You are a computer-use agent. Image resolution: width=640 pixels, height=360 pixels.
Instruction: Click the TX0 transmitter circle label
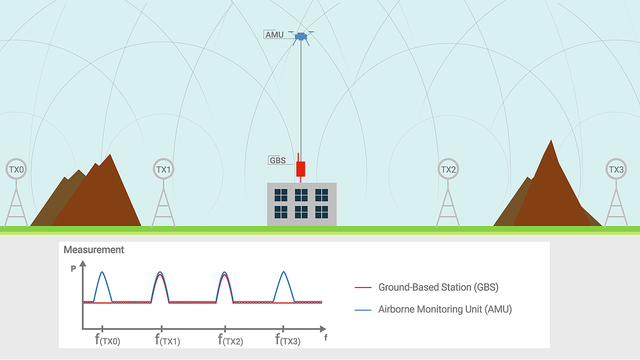17,169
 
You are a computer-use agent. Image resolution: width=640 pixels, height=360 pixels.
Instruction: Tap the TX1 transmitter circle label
163,169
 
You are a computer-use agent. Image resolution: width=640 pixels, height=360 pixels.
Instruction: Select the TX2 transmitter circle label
448,169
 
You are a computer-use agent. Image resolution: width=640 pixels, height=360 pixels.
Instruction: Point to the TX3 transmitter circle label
616,169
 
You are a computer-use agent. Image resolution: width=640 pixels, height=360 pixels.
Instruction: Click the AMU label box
274,35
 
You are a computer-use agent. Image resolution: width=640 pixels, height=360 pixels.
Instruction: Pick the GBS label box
277,161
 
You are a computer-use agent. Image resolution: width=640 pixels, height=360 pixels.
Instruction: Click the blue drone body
301,37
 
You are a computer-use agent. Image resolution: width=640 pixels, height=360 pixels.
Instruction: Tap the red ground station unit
301,169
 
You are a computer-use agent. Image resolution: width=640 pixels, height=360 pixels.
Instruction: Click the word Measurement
94,250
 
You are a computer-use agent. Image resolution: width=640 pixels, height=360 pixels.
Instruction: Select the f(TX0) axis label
107,340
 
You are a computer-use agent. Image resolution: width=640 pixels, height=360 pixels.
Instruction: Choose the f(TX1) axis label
167,340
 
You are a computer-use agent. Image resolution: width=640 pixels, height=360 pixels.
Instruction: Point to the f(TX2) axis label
230,340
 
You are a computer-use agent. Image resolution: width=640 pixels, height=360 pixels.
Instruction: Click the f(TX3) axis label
287,340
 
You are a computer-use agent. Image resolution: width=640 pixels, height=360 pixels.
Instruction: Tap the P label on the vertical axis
74,269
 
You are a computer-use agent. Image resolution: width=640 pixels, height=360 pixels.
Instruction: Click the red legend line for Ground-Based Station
363,287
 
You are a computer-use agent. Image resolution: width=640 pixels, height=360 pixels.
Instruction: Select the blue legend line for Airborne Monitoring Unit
363,310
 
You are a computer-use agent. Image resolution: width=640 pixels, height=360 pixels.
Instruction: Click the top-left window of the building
281,195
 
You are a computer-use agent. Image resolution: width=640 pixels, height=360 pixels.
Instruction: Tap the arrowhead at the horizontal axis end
323,329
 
